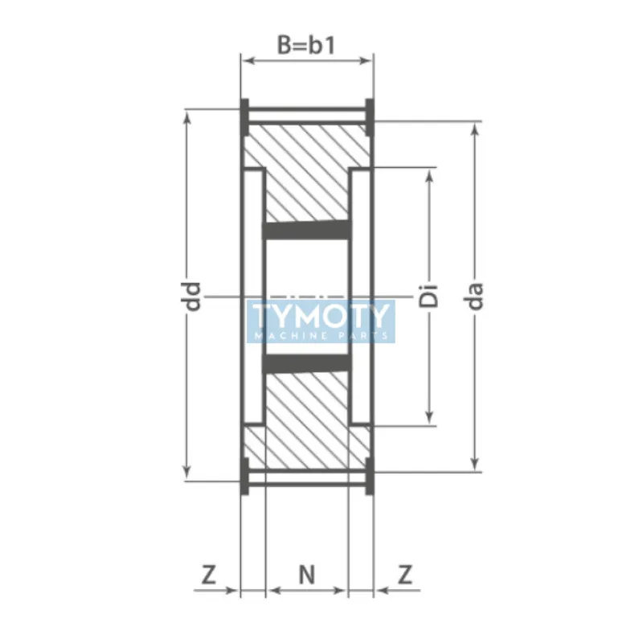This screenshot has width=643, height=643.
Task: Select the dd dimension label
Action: [192, 297]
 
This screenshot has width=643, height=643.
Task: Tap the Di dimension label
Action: [431, 296]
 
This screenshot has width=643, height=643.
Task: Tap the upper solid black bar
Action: [308, 231]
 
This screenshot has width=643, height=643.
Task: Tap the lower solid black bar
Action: [308, 364]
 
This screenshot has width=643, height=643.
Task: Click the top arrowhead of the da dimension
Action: [475, 129]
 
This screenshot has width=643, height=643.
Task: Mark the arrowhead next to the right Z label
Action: [380, 591]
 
